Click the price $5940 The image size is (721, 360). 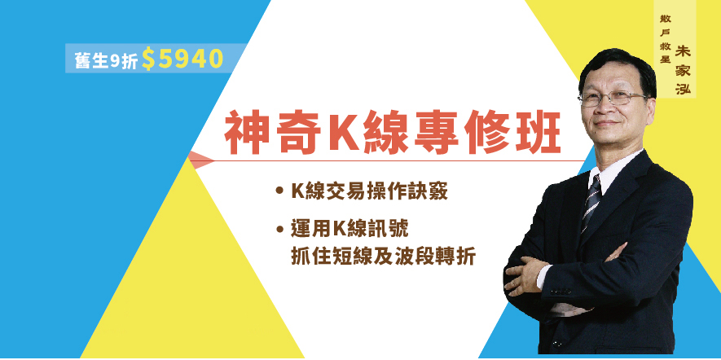(182, 59)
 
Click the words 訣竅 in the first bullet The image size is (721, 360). (428, 192)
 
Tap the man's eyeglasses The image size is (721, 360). (612, 98)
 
